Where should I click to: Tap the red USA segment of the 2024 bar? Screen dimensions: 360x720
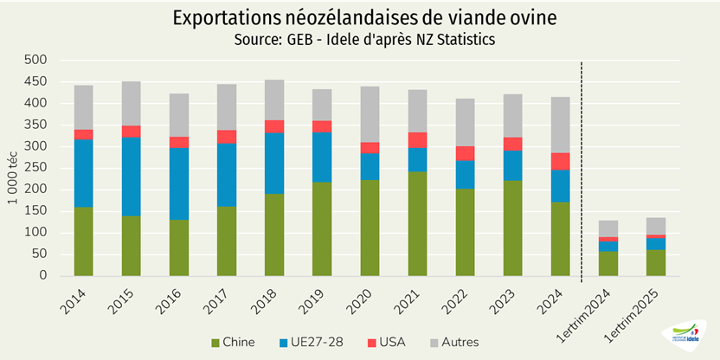tap(561, 161)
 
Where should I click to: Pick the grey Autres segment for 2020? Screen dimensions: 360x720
tap(370, 114)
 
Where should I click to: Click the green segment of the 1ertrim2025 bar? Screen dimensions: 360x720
tap(656, 262)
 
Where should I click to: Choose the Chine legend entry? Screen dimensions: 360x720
tap(233, 342)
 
